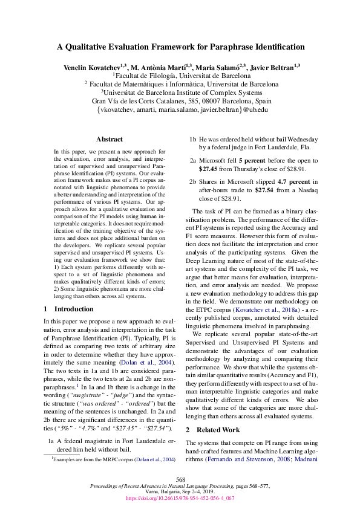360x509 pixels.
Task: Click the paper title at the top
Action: pos(180,47)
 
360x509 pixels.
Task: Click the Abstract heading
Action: pos(109,139)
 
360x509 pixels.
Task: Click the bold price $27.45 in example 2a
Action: pos(209,169)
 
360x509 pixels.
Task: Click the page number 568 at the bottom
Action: pos(180,478)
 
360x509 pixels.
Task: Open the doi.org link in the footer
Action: pos(180,499)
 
